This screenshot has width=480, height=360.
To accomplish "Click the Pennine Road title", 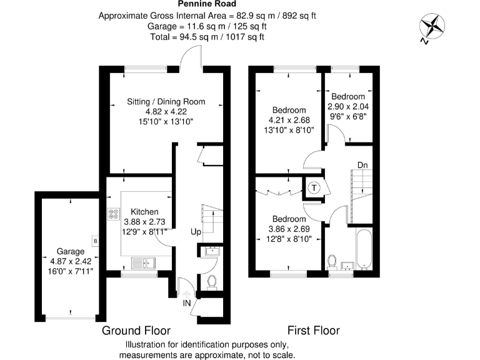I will point(207,4).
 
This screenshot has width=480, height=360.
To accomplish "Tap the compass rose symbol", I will point(431,26).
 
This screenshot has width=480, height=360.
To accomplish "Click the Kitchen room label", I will point(144,212).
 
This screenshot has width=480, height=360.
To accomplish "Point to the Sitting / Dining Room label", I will point(166,102).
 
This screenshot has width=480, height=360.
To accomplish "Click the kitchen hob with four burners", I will point(114,214).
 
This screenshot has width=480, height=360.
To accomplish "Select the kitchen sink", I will point(143,261).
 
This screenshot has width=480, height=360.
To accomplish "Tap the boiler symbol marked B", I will point(95,239).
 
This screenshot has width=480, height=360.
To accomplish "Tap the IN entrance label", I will point(187,302).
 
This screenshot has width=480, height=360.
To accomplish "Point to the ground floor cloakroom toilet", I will point(211,282).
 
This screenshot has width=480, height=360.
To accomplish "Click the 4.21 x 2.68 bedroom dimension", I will point(288,120).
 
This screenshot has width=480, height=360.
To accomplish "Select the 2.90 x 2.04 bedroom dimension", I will point(348,106).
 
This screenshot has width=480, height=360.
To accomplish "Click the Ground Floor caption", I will point(136,330).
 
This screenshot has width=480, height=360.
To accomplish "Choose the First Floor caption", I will point(313,330).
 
